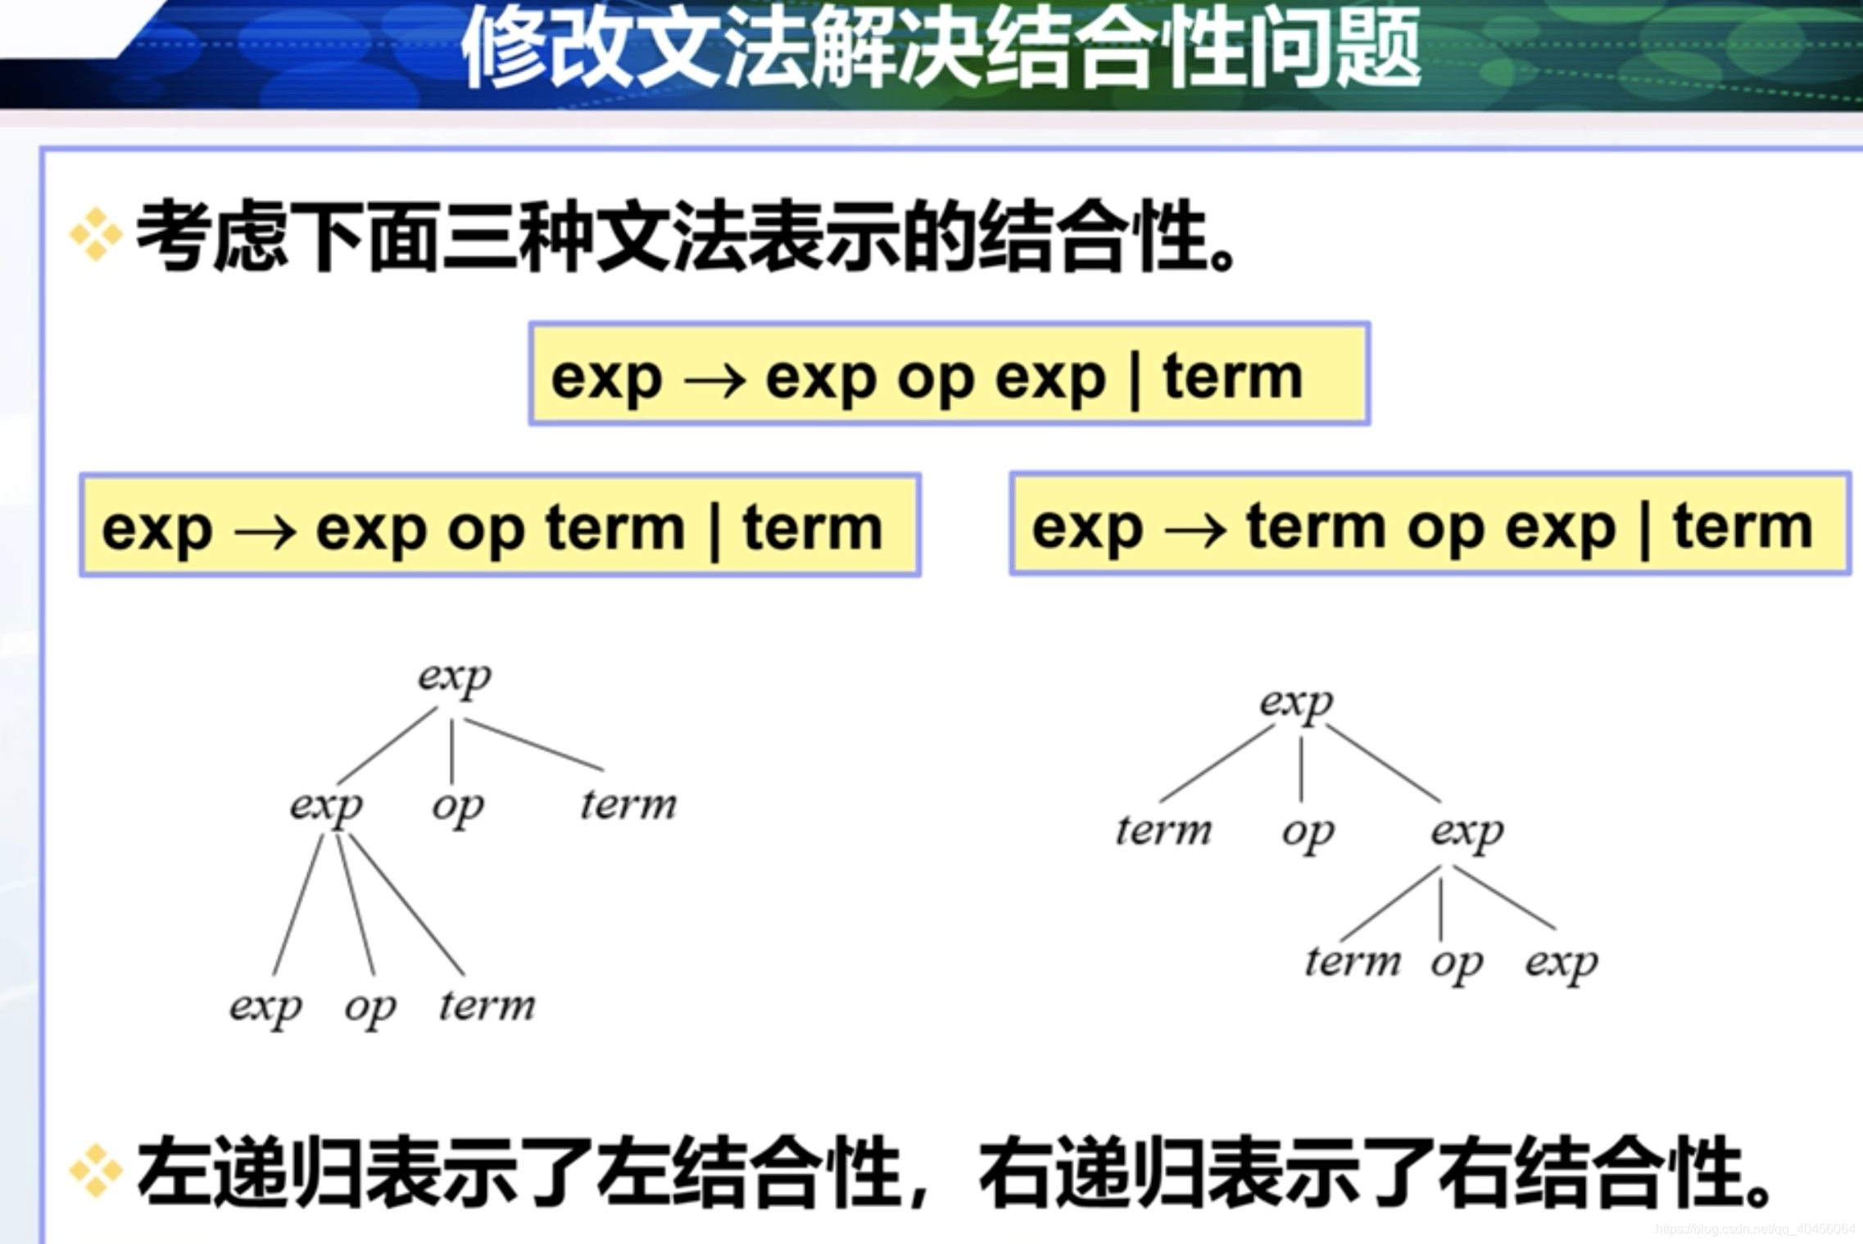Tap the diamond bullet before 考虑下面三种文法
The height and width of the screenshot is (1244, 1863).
click(x=95, y=235)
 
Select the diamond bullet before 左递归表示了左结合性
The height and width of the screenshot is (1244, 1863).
click(x=95, y=1169)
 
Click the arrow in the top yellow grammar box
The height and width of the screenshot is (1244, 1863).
click(x=714, y=380)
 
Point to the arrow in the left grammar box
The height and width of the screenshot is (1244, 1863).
click(x=265, y=531)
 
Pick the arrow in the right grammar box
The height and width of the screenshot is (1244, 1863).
click(x=1195, y=530)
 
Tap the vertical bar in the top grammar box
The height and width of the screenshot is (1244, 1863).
click(x=1135, y=379)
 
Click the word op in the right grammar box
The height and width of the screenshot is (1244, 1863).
click(x=1445, y=531)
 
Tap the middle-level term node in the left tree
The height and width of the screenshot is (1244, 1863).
click(x=628, y=804)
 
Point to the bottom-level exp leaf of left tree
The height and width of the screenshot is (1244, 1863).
click(x=265, y=1008)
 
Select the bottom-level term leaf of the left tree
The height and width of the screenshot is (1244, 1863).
click(x=487, y=1005)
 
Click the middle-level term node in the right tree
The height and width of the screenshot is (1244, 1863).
click(x=1163, y=829)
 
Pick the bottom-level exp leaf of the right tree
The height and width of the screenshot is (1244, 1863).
click(x=1562, y=964)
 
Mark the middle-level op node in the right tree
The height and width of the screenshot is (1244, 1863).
click(x=1308, y=833)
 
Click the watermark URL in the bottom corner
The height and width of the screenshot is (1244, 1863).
click(x=1755, y=1229)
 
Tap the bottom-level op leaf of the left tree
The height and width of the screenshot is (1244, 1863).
click(x=370, y=1009)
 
